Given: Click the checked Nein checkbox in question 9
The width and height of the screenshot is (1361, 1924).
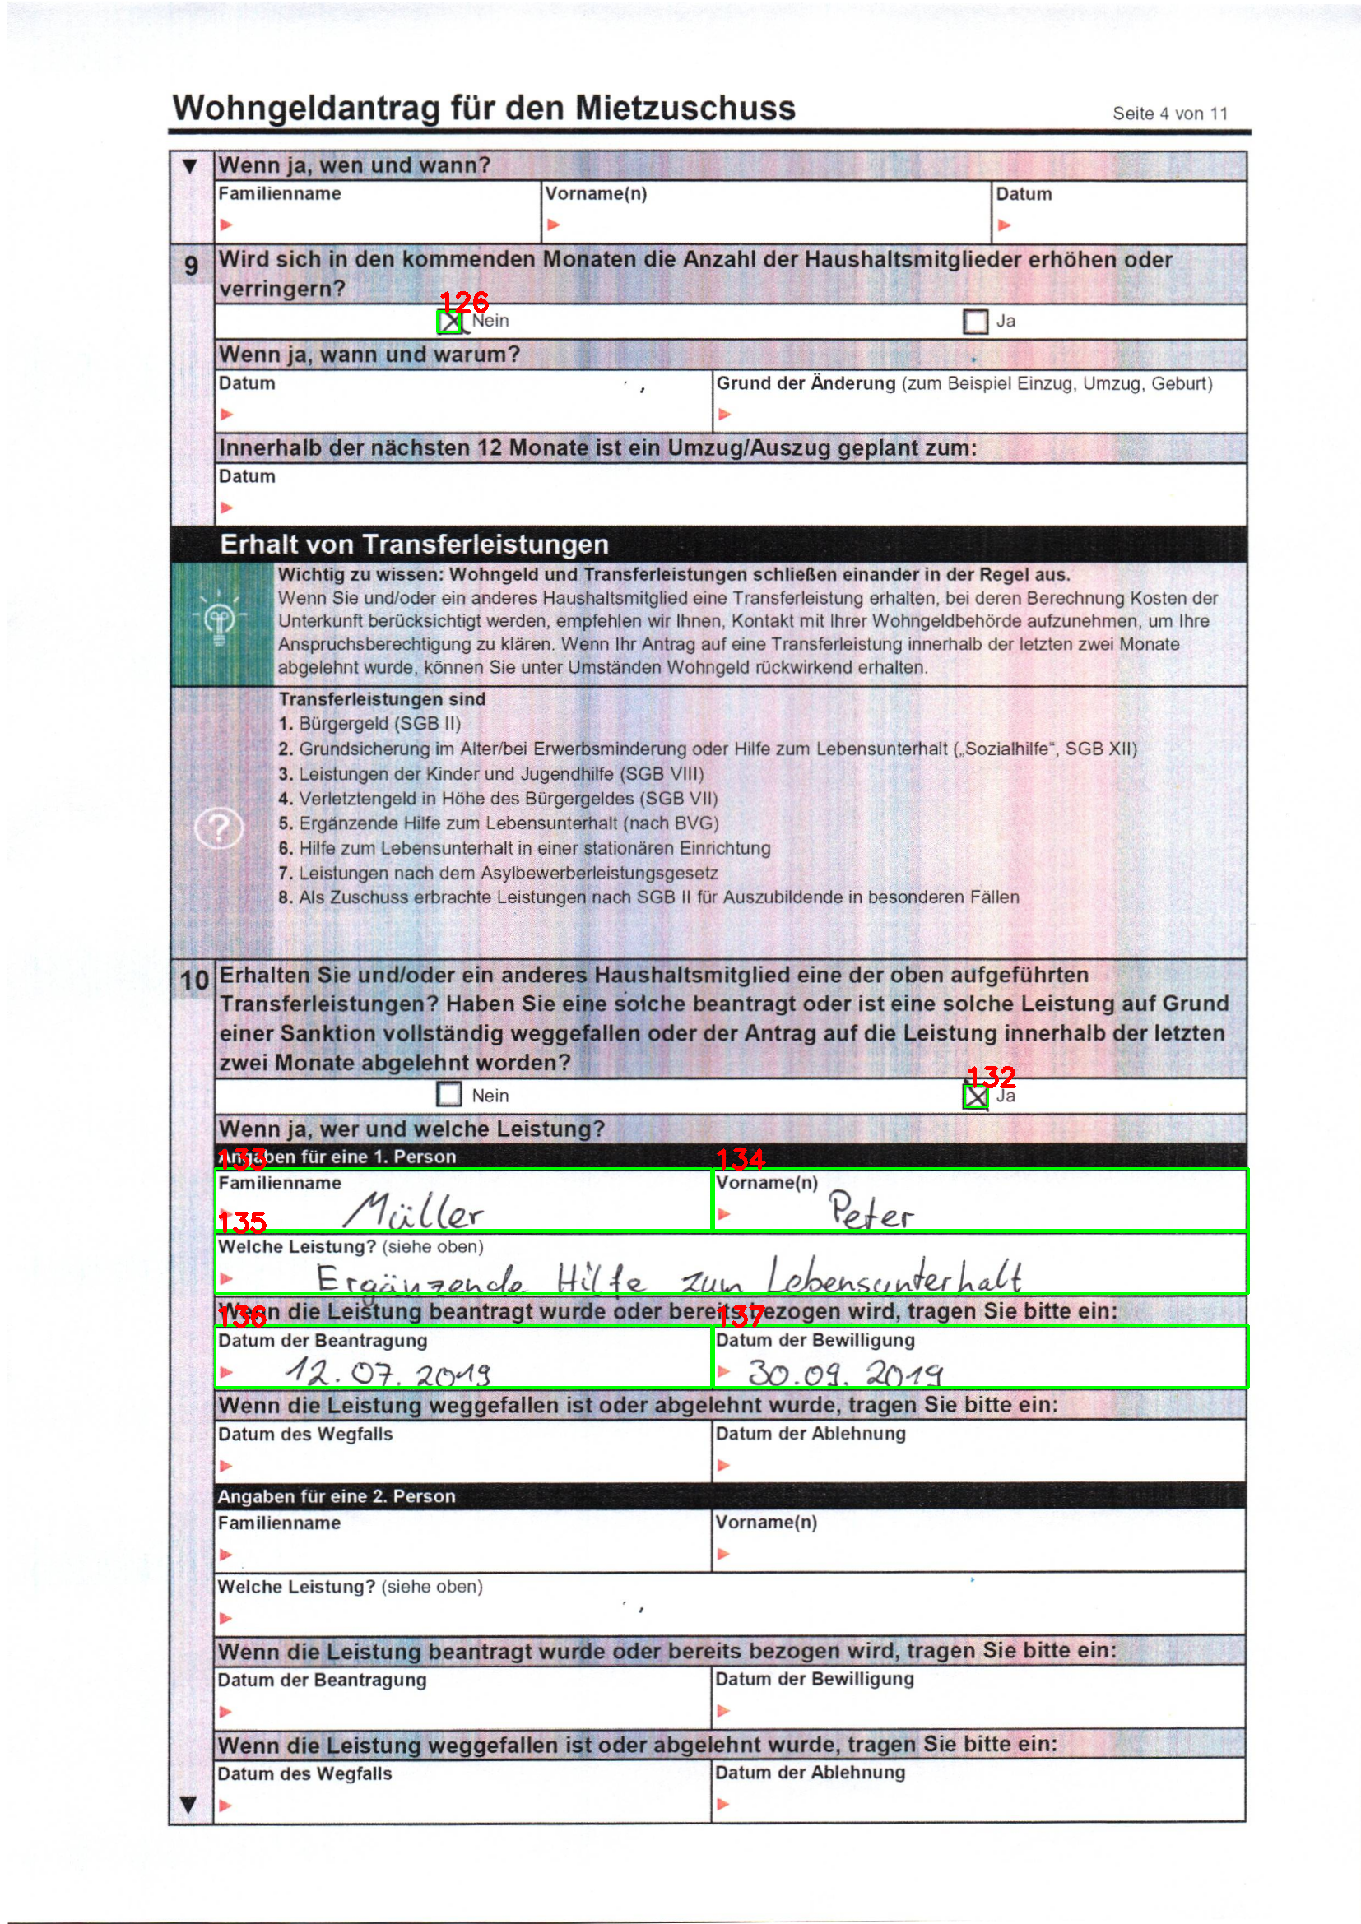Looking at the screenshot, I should tap(450, 322).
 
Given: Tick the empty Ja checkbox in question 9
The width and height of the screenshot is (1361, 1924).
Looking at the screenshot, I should tap(974, 322).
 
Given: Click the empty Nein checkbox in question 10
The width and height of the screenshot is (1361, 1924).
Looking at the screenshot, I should tap(449, 1094).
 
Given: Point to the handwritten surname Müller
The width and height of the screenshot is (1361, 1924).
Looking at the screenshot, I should tap(414, 1212).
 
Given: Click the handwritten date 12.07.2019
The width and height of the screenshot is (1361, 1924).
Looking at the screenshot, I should tap(388, 1373).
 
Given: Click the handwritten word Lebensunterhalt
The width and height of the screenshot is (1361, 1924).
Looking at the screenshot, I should tap(894, 1277).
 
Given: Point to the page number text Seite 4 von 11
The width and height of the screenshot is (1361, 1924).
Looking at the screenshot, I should tap(1170, 114).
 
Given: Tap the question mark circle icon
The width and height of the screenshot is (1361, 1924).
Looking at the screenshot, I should tap(219, 829).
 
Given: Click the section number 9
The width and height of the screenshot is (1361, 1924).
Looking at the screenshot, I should tap(192, 266).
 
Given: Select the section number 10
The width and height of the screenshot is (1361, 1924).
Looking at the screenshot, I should tap(194, 981).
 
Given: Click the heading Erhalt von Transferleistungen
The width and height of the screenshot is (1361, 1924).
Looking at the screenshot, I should tap(414, 545).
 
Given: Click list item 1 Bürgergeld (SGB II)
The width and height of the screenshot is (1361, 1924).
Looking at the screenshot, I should tap(369, 724).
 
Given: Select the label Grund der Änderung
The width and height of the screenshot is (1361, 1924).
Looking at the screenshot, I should tap(806, 384).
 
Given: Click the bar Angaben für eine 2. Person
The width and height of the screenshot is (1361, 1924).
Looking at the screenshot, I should tap(337, 1496).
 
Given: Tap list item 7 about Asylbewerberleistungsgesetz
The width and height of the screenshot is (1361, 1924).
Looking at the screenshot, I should tap(498, 874).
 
